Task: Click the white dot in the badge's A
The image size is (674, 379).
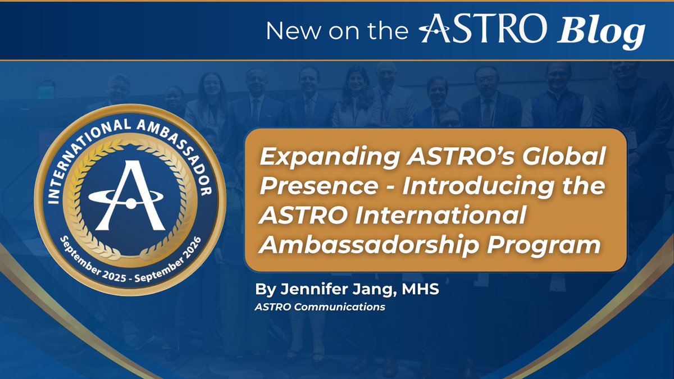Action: tap(130, 204)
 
